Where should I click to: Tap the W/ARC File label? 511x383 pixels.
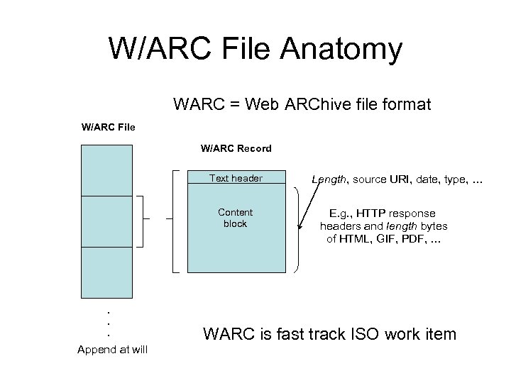pos(108,128)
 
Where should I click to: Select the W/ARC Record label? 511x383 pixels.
pos(236,148)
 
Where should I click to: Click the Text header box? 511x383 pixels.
pos(236,179)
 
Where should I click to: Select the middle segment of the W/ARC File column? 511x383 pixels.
pos(107,221)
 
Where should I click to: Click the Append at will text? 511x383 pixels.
pos(112,349)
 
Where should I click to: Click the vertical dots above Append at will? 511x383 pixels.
pos(108,323)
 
